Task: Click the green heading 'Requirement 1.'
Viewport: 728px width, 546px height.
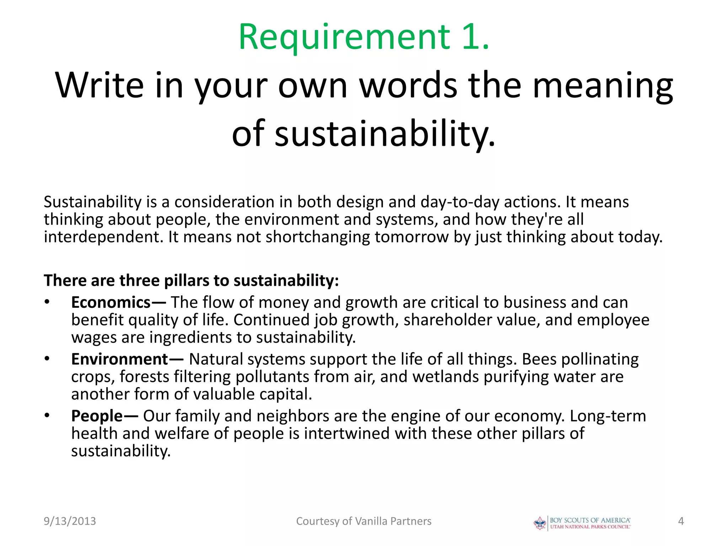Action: (364, 37)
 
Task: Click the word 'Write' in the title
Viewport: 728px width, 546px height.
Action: (100, 85)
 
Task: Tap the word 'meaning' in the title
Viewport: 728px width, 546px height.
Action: (603, 85)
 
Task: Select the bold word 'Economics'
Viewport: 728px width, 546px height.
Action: (111, 303)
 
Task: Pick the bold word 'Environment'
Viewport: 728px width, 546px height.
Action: (119, 359)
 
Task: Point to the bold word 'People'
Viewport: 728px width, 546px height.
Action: (97, 416)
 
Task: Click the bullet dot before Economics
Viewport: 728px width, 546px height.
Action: (47, 303)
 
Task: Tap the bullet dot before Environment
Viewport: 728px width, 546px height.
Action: (47, 359)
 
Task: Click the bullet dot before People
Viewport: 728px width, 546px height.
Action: (47, 416)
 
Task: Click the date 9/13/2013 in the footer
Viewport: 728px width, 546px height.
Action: (70, 521)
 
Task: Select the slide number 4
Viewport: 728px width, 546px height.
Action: (681, 521)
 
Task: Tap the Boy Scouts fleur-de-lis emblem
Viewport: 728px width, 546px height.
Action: (540, 523)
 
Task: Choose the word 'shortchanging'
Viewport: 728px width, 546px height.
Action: (318, 237)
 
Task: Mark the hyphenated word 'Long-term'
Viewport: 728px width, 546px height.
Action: (607, 416)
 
